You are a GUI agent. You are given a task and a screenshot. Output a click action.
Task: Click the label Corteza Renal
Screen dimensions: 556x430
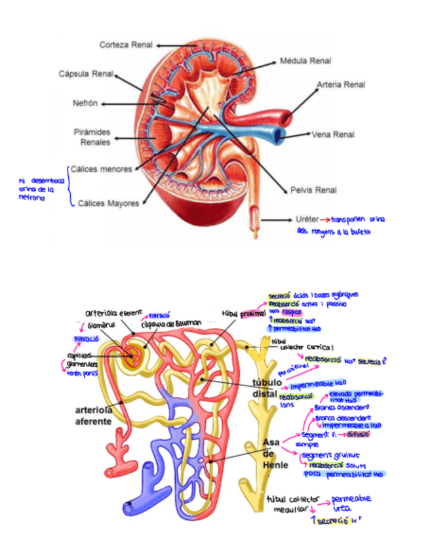[x=126, y=45]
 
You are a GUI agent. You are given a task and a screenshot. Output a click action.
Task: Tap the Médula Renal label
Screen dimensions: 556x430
[x=305, y=61]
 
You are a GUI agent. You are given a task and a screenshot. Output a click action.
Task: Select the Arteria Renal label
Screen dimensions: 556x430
[x=341, y=85]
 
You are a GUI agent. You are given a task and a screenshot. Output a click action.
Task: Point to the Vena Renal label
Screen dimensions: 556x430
[x=333, y=134]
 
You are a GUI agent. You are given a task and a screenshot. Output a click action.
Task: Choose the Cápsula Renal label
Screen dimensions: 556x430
[x=86, y=73]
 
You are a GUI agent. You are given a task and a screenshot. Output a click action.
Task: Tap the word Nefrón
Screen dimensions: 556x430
[x=85, y=103]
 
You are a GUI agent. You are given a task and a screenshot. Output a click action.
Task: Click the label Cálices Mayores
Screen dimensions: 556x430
[x=108, y=203]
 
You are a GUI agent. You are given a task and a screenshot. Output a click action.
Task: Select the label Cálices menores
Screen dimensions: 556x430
[x=101, y=169]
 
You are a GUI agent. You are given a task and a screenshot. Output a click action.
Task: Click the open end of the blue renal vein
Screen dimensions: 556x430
[x=280, y=136]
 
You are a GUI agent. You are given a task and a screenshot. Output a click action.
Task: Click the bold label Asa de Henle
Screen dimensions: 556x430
[x=271, y=453]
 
